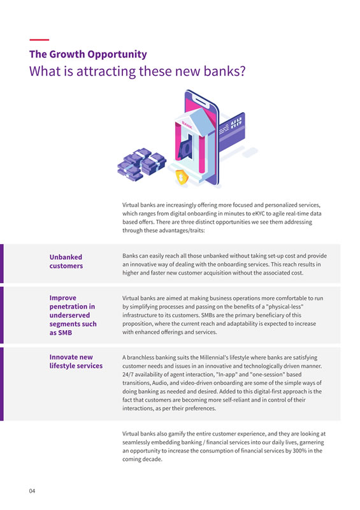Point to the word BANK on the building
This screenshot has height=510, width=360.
[187, 124]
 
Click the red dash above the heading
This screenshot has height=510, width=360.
[39, 41]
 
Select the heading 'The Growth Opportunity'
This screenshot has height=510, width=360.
[88, 55]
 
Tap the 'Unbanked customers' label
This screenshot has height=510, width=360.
[66, 261]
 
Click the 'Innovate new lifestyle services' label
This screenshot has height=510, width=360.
[75, 361]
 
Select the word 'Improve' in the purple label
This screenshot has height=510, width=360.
[62, 297]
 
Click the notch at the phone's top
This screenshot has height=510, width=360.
[199, 99]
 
